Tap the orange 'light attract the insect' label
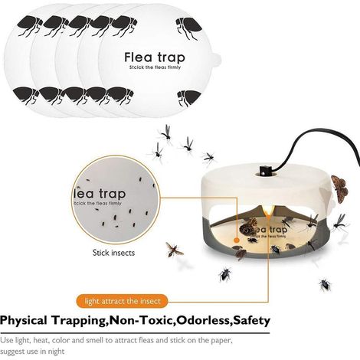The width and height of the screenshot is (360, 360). tap(123, 301)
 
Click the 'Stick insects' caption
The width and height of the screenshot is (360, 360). tap(113, 253)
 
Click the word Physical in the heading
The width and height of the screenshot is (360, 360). tap(24, 321)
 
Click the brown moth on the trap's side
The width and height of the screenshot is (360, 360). tap(340, 188)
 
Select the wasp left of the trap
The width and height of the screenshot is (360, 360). tap(174, 250)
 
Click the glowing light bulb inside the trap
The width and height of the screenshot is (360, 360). tap(268, 211)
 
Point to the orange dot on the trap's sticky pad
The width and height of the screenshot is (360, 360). tap(237, 240)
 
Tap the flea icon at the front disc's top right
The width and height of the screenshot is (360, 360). tap(188, 28)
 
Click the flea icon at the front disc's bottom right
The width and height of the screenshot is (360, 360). tap(189, 98)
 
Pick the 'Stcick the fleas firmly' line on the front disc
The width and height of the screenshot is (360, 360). tap(155, 67)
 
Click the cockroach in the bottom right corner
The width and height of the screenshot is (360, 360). tap(325, 285)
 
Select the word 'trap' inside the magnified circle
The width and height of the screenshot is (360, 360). tap(113, 195)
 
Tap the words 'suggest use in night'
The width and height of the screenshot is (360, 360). tap(32, 352)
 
